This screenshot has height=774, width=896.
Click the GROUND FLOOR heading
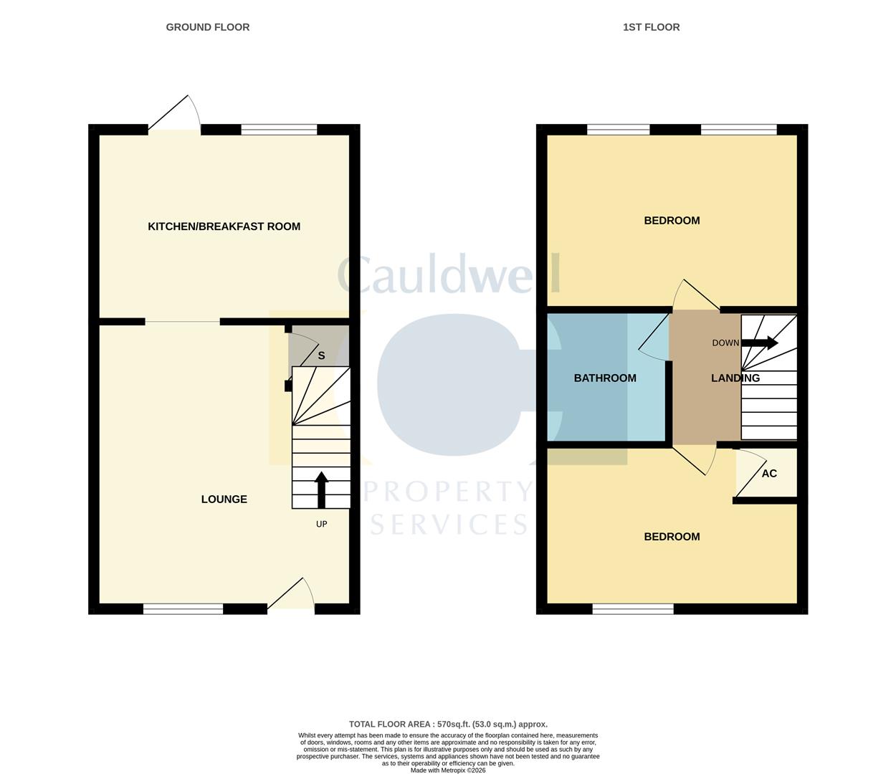pyautogui.click(x=208, y=27)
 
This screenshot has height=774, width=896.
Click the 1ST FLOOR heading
pyautogui.click(x=651, y=27)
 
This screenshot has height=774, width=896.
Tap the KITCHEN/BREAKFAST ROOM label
pyautogui.click(x=224, y=226)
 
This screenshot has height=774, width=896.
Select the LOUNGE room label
pyautogui.click(x=224, y=500)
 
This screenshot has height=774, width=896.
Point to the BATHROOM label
pyautogui.click(x=605, y=378)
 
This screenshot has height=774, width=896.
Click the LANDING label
pyautogui.click(x=735, y=378)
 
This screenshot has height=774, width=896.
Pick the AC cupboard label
pyautogui.click(x=769, y=474)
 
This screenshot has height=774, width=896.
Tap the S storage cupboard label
pyautogui.click(x=321, y=355)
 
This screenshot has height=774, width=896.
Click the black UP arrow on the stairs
pyautogui.click(x=321, y=489)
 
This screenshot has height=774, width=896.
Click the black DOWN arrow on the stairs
pyautogui.click(x=760, y=343)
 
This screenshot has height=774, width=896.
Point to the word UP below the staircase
pyautogui.click(x=322, y=524)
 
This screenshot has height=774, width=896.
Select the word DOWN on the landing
pyautogui.click(x=725, y=343)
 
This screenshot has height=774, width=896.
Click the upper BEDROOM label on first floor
pyautogui.click(x=672, y=221)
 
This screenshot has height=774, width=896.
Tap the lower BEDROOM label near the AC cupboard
pyautogui.click(x=672, y=537)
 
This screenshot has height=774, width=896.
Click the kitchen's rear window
pyautogui.click(x=279, y=130)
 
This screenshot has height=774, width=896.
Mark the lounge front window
pyautogui.click(x=184, y=609)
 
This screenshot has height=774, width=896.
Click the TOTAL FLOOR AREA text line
pyautogui.click(x=448, y=725)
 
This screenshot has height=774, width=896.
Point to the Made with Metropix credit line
pyautogui.click(x=448, y=770)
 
